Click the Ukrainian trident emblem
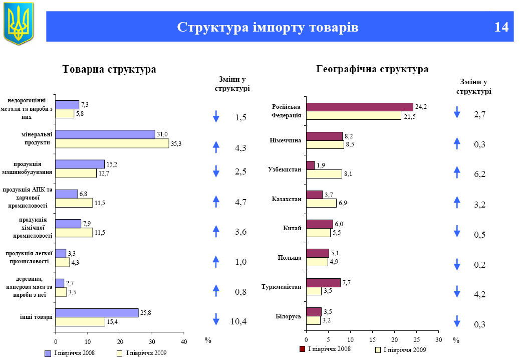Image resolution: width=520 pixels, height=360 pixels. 19,23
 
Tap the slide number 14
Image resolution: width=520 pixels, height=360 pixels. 501,27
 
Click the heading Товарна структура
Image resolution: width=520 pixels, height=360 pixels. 109,70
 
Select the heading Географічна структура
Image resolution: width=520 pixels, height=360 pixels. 372,69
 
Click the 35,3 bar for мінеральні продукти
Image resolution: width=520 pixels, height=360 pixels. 112,143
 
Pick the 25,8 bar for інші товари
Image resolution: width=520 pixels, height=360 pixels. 97,313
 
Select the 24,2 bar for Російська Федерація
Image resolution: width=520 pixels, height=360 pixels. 359,107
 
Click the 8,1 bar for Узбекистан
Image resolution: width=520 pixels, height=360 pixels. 324,174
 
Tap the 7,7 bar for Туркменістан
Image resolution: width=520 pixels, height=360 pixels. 323,283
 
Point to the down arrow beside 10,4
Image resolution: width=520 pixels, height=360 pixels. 216,319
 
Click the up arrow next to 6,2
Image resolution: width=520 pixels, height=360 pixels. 456,172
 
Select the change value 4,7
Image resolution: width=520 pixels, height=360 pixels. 241,203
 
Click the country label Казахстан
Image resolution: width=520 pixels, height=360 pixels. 287,199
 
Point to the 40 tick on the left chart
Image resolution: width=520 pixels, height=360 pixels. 184,341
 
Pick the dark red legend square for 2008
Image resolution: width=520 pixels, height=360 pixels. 302,349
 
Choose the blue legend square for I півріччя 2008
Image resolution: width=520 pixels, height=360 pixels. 48,353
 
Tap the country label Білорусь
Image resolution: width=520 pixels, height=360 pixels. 289,316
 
